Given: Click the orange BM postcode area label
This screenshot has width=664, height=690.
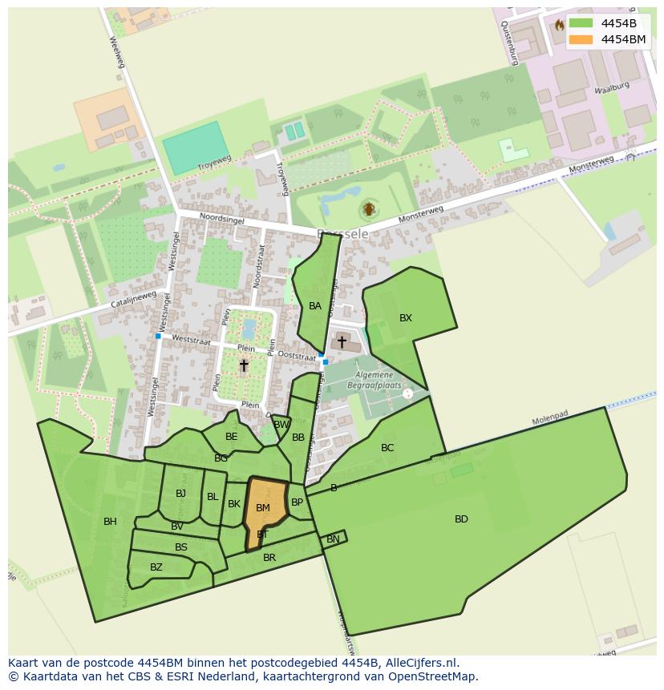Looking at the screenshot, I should click(x=263, y=508).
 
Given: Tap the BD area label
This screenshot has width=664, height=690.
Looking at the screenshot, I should click(x=461, y=519).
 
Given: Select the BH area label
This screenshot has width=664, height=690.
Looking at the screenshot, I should click(x=110, y=522).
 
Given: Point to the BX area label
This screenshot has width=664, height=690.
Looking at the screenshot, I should click(x=406, y=318).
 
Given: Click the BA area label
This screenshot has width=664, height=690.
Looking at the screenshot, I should click(x=315, y=306).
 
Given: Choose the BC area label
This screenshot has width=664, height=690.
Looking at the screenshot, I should click(x=387, y=448).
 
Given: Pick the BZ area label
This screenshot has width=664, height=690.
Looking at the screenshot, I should click(x=156, y=567).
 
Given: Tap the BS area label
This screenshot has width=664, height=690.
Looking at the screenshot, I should click(x=181, y=547).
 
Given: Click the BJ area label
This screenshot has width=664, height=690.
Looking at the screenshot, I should click(x=180, y=494).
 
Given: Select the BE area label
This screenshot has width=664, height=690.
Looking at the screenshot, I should click(x=232, y=437).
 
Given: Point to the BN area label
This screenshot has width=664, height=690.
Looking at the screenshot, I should click(x=333, y=539).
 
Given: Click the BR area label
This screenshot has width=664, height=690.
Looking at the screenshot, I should click(x=269, y=558).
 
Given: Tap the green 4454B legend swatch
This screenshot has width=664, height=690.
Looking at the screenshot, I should click(x=581, y=22).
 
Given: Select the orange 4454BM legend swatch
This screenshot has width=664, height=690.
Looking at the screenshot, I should click(x=581, y=39).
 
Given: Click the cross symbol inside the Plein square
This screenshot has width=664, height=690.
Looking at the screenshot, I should click(x=244, y=365).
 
